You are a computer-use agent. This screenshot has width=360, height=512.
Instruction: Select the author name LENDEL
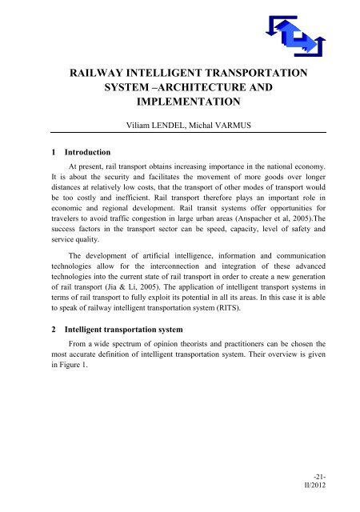click(166, 149)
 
